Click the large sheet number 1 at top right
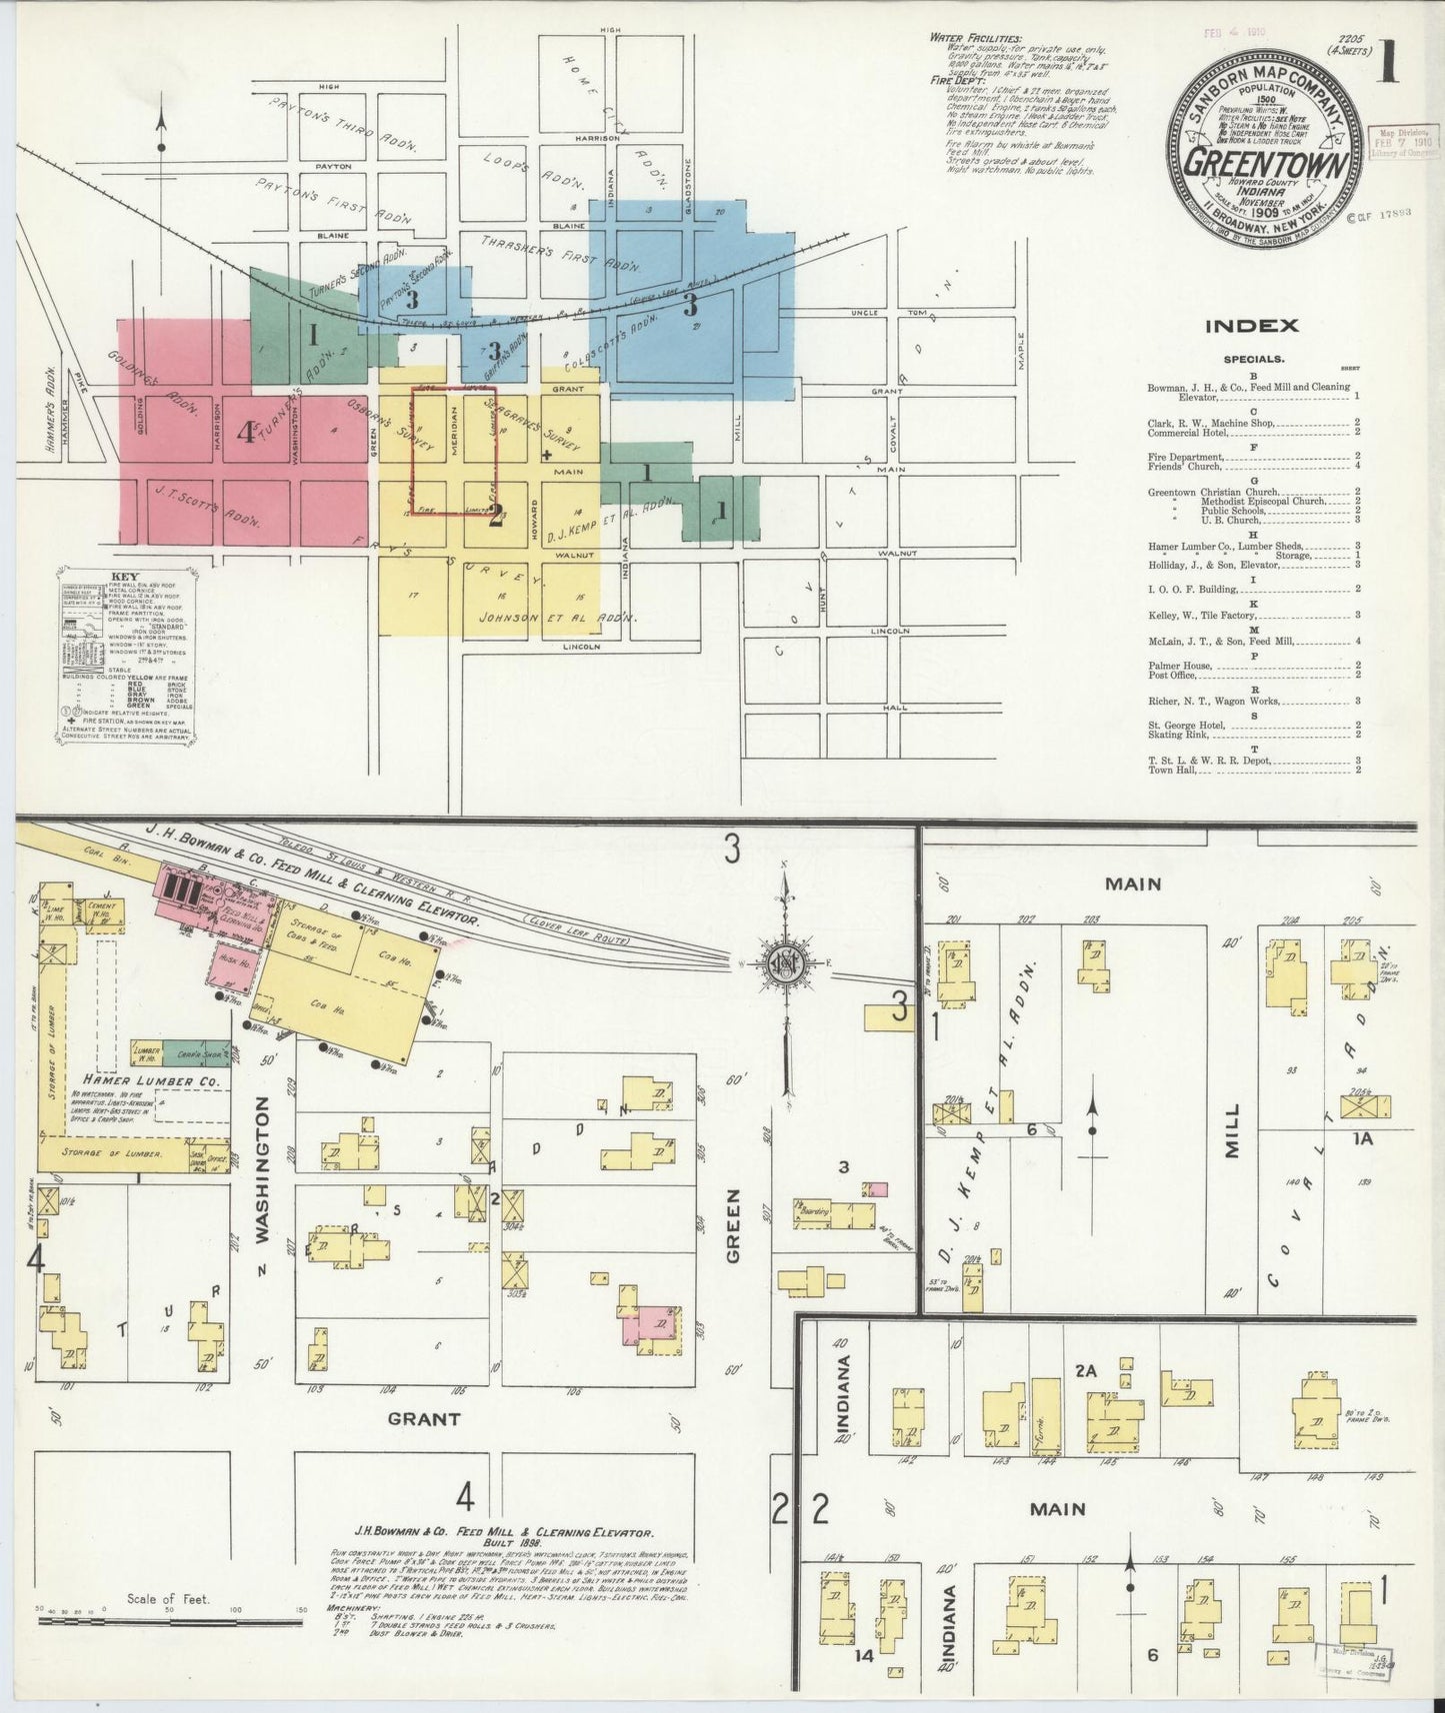coord(1387,62)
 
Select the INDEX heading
coord(1251,326)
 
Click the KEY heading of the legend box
coord(126,577)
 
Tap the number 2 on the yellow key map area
coord(494,515)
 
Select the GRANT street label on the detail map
coord(424,1418)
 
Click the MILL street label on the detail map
coord(1232,1130)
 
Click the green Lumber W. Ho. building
coord(148,1053)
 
